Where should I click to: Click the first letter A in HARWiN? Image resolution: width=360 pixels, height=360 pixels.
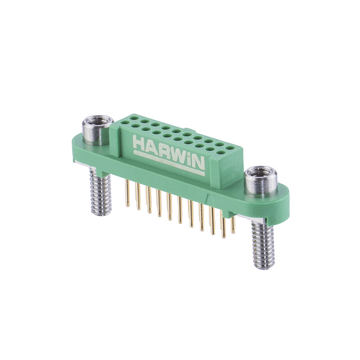150,147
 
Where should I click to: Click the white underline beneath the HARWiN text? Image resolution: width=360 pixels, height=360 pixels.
169,161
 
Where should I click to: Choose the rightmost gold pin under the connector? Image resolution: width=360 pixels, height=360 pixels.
232,225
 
